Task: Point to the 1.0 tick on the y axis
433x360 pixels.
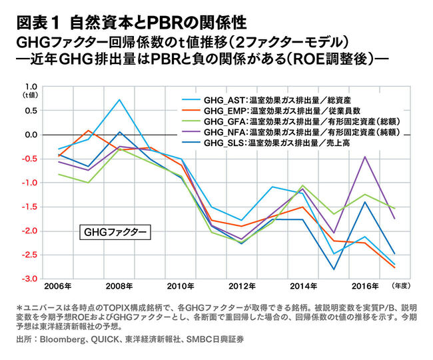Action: [x=31, y=87]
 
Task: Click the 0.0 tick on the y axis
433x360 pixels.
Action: [x=31, y=135]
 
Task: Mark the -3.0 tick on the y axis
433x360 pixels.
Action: [x=29, y=279]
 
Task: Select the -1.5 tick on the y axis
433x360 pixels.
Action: [x=29, y=207]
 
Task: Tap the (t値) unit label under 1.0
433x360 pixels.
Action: [x=31, y=95]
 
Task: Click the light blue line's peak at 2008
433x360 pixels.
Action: [x=119, y=100]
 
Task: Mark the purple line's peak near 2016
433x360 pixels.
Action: [x=364, y=157]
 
